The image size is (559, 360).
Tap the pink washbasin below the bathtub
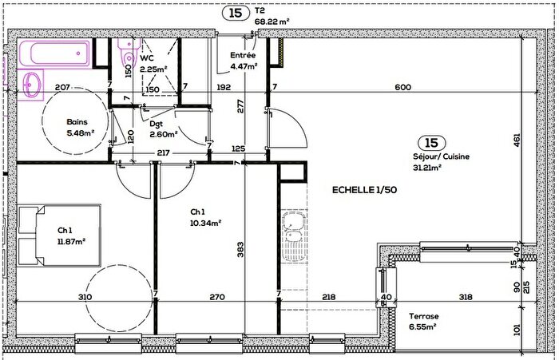coord(34,85)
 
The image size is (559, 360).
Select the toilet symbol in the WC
coord(126,56)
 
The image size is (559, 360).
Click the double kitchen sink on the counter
coord(293,229)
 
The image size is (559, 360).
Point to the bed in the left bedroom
coord(61,237)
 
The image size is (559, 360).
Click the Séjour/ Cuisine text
coord(442,157)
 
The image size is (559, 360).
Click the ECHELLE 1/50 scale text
coord(365,190)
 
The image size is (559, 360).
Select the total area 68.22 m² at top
coord(272,22)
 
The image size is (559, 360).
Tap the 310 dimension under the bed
coord(85,298)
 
